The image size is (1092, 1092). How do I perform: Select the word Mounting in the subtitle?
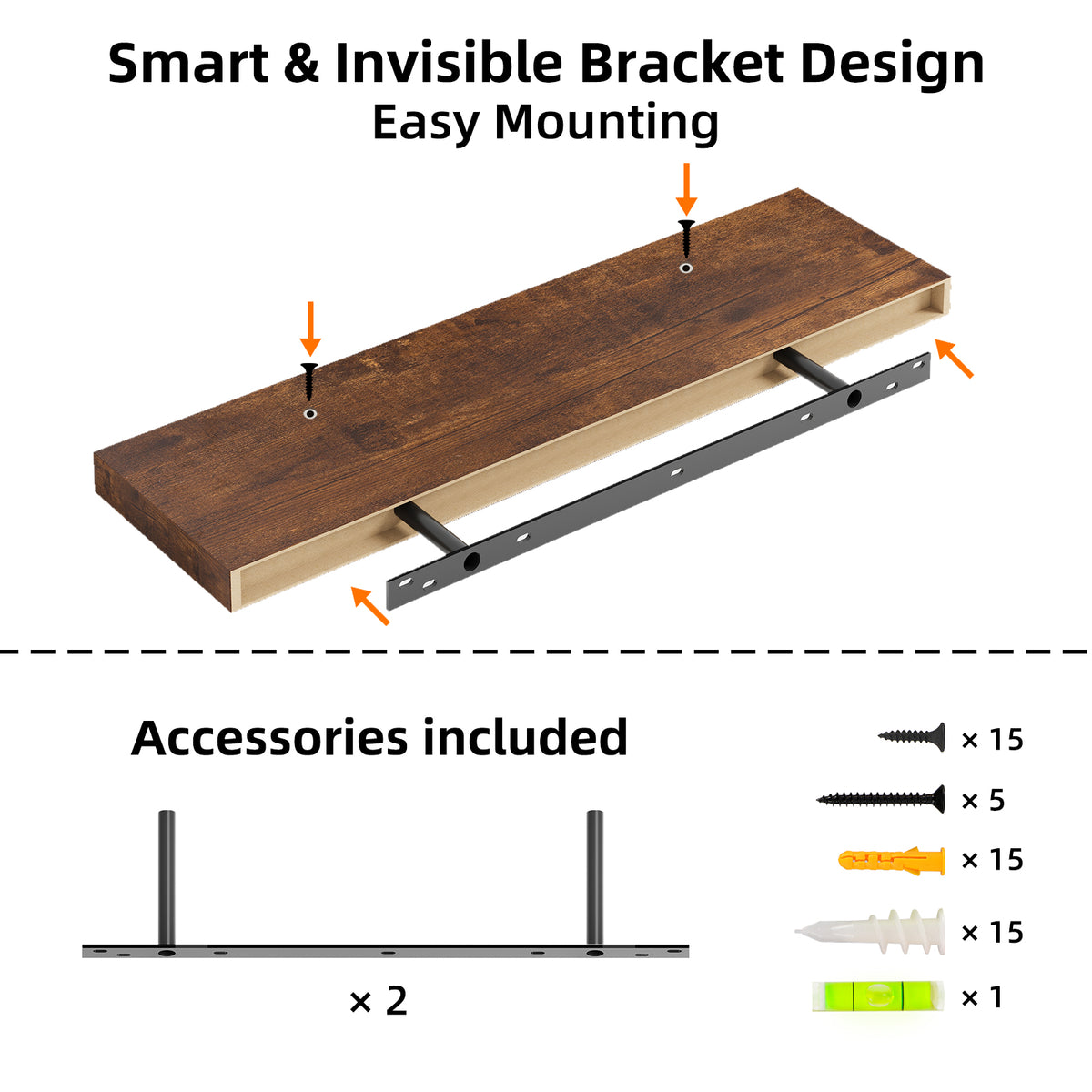coord(606,122)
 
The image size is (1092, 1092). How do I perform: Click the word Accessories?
coord(268,737)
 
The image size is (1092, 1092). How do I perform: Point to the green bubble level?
coord(877,996)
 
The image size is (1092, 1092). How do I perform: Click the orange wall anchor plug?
coord(891,859)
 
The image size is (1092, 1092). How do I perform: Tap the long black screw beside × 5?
coord(881,799)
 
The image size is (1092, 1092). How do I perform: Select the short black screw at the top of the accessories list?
coord(912,736)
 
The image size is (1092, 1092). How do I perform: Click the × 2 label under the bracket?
coord(379,1001)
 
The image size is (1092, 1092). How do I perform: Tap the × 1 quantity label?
coord(982,997)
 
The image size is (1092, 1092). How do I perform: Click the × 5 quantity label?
coord(983,800)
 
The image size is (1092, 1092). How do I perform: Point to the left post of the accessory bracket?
coord(166,878)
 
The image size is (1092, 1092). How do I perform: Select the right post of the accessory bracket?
coord(594,878)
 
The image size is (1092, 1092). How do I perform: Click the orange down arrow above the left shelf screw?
coord(310,329)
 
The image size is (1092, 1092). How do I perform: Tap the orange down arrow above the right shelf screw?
coord(686,189)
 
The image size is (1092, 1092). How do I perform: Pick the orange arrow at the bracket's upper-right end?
coord(954,358)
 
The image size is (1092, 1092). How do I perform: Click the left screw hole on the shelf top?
coord(310,413)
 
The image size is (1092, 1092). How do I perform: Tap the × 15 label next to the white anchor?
coord(992,932)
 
